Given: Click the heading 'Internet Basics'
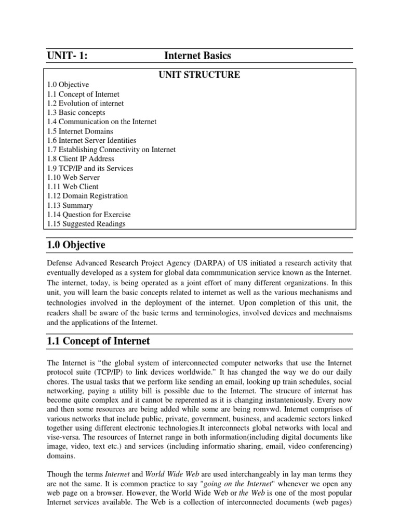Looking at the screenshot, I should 197,56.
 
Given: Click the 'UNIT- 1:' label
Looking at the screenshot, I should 67,56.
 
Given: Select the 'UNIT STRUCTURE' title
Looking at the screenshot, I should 199,75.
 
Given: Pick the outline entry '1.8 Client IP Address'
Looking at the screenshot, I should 81,159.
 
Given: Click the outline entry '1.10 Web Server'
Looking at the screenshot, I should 73,178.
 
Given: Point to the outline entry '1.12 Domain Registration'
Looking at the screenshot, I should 87,196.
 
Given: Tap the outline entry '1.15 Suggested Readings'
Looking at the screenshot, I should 86,224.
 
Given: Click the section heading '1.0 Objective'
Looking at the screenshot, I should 76,245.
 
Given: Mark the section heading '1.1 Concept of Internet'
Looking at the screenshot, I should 98,341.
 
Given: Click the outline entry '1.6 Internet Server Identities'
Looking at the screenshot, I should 91,140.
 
